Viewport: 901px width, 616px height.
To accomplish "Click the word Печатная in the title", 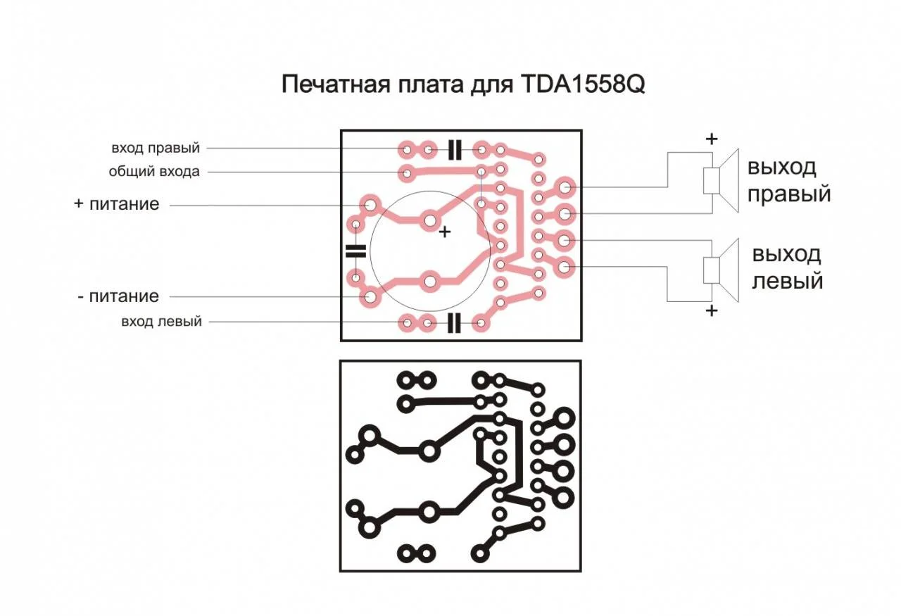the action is (336, 84).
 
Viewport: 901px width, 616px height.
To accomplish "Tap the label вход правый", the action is (156, 148).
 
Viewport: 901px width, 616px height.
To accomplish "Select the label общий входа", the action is (154, 171).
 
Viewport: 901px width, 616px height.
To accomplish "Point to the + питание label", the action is (117, 204).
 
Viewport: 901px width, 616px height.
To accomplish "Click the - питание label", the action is (118, 296).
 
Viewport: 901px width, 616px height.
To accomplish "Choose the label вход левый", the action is (161, 322).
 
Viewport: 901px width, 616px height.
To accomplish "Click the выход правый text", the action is (789, 180).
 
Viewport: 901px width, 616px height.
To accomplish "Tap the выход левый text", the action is (787, 268).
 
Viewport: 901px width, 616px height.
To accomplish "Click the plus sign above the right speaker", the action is (712, 139).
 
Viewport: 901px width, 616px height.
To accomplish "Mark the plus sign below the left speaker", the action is (712, 310).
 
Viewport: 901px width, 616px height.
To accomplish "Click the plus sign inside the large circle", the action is (444, 232).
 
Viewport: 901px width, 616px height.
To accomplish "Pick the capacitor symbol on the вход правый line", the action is (455, 150).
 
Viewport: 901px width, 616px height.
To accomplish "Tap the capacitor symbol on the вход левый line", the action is (454, 323).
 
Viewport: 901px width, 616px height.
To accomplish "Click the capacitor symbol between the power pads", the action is (356, 251).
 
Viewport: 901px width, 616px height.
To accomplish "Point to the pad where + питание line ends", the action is (370, 205).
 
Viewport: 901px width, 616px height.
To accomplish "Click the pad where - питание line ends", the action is (370, 297).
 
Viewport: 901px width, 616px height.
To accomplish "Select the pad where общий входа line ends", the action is (407, 173).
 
